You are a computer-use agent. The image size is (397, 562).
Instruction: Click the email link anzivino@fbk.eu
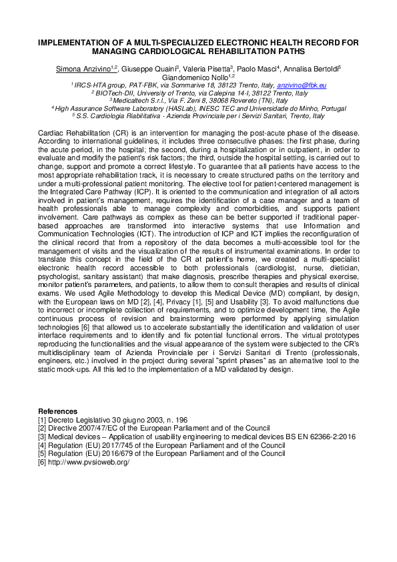click(302, 85)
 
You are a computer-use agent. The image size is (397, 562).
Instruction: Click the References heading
click(57, 410)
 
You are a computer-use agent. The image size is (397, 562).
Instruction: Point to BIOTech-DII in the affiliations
click(113, 93)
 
